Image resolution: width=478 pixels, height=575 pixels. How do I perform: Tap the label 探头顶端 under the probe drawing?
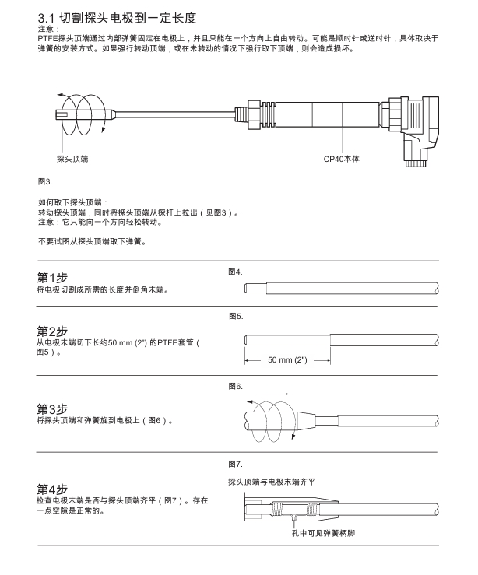tap(72, 159)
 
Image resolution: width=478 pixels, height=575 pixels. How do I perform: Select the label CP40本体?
tap(341, 159)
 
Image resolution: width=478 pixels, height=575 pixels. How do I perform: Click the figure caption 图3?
tap(44, 181)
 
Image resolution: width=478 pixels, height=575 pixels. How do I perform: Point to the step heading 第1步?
tap(52, 278)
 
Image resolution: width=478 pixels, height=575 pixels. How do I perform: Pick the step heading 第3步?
tap(52, 409)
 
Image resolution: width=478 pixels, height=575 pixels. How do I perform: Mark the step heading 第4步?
tap(52, 488)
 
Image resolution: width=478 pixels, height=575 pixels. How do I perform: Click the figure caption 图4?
tap(236, 272)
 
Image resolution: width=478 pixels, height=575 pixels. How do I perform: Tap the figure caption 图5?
tap(236, 317)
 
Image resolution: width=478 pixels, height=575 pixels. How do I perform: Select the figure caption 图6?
tap(236, 386)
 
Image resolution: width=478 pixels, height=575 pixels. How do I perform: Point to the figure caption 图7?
tap(236, 464)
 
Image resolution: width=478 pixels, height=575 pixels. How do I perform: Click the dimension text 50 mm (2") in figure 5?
tap(288, 360)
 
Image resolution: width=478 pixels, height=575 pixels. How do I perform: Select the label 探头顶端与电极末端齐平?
tap(272, 482)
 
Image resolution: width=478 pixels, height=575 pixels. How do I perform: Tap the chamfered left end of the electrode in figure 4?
tap(248, 289)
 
